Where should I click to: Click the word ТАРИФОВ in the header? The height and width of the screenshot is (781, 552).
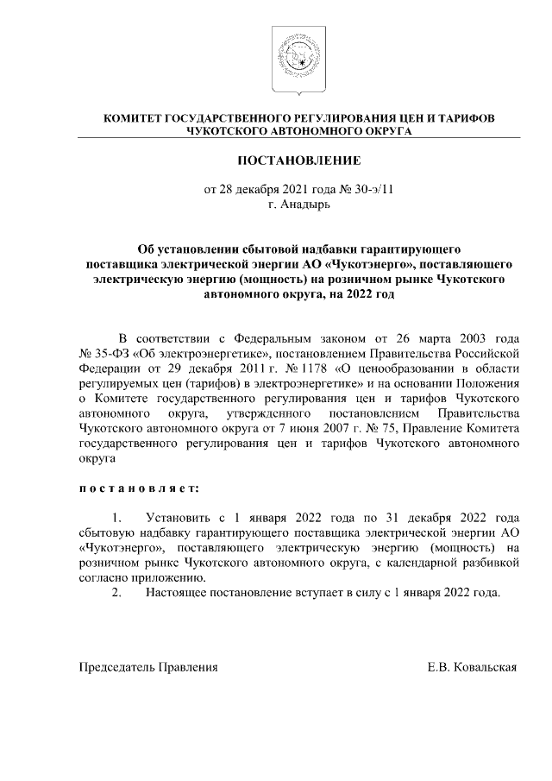[464, 117]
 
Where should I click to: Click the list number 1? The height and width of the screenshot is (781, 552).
[117, 518]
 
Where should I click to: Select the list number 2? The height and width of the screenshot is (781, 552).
[117, 592]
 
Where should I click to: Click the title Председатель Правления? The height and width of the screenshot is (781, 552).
[148, 667]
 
